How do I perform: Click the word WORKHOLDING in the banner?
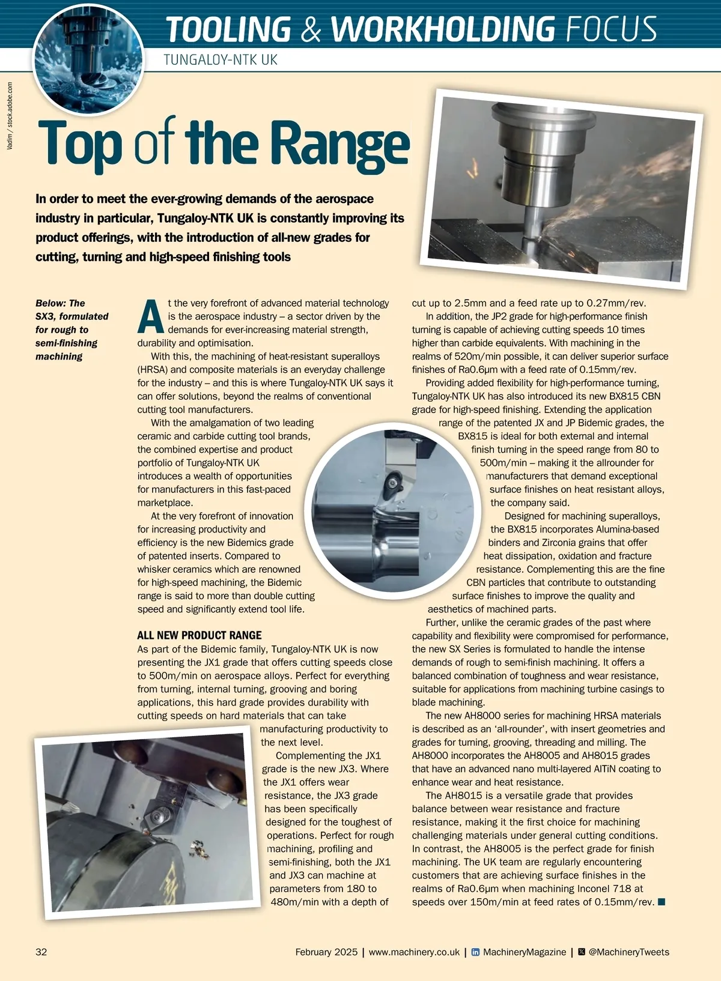[443, 29]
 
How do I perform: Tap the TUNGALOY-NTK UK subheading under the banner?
[221, 60]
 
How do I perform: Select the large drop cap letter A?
[150, 316]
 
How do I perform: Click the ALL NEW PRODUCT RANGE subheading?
[199, 635]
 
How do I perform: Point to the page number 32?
[41, 952]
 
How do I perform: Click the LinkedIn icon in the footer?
[475, 952]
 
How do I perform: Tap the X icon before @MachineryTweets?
[581, 952]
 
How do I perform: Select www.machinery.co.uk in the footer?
[414, 952]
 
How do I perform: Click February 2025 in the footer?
[326, 952]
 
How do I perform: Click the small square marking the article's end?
[662, 902]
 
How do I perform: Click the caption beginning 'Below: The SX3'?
[71, 330]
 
